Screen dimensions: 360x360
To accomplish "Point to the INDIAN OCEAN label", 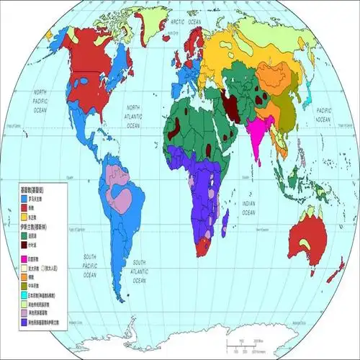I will (x=248, y=209).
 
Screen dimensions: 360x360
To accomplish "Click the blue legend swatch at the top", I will (x=24, y=197).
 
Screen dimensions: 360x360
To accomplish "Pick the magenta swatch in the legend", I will (x=24, y=258).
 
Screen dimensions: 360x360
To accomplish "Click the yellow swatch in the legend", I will (x=24, y=216).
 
